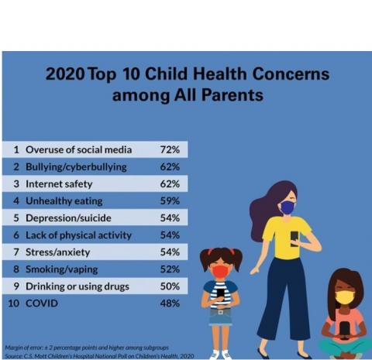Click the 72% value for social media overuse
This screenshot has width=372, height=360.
169,149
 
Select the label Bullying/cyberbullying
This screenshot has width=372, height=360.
75,166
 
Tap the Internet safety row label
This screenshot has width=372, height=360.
59,184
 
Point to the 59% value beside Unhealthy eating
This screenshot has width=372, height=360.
169,201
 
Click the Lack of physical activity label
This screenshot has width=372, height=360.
78,235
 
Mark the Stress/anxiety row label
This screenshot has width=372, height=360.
58,252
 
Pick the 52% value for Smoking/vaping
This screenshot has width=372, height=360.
169,269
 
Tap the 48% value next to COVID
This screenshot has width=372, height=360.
169,303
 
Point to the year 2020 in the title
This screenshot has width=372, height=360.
64,75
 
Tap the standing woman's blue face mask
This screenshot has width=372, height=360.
287,207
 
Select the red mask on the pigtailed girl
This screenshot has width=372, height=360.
220,272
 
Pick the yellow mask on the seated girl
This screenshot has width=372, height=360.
344,297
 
